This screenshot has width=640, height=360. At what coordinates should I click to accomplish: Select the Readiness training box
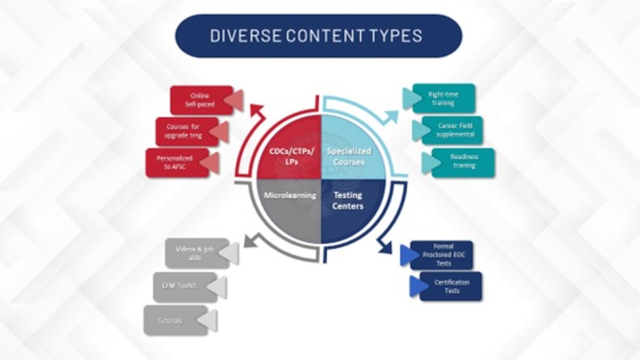tap(463, 162)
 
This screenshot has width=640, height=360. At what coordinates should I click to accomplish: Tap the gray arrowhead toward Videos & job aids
tap(248, 241)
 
